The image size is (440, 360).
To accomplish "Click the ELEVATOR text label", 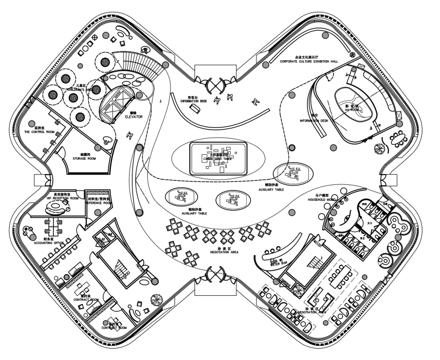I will [x=133, y=117].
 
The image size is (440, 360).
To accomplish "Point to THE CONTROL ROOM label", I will [x=39, y=132].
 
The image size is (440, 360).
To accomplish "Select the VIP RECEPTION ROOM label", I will [x=58, y=198].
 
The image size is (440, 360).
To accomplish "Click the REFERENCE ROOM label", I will [x=98, y=202].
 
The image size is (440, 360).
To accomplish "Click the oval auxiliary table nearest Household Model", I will [x=292, y=172].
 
